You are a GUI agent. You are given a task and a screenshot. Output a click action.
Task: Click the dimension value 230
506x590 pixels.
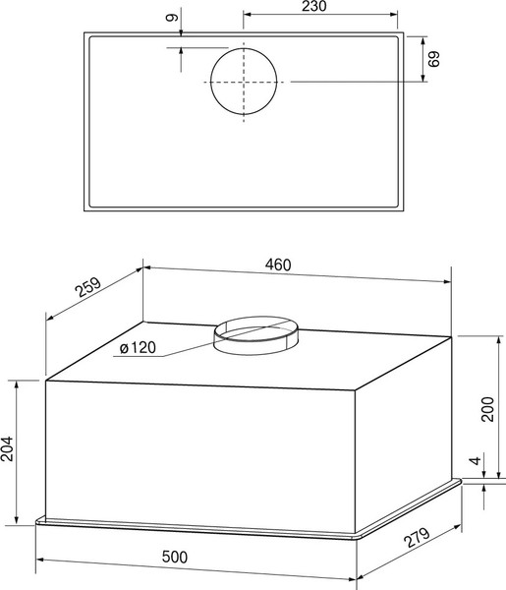[x=314, y=8]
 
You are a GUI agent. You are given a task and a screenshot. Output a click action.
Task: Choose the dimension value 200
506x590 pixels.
[x=488, y=408]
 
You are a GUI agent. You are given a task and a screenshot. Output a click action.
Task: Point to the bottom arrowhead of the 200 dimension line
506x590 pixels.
[x=489, y=477]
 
